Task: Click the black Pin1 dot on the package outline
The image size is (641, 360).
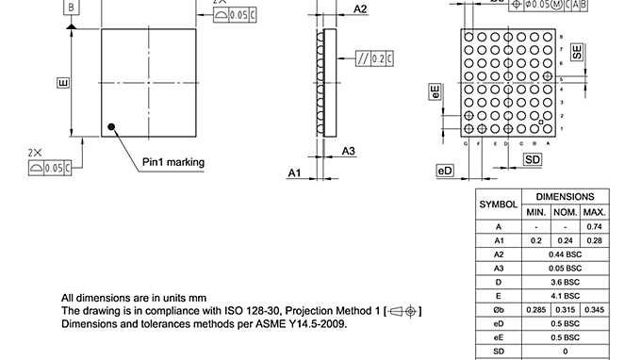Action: click(111, 125)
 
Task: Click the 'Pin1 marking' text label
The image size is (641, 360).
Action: click(173, 162)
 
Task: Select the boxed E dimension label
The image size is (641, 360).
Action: click(63, 84)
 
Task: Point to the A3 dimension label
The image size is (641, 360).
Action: click(348, 151)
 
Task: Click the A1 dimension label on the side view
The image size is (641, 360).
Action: click(293, 172)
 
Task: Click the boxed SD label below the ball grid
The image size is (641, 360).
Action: click(533, 160)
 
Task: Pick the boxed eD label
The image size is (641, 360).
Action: click(445, 170)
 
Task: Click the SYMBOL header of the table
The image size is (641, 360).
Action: click(498, 204)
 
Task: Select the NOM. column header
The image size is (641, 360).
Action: click(565, 212)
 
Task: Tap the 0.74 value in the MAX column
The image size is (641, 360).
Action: click(594, 226)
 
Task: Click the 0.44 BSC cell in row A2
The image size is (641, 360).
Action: click(565, 254)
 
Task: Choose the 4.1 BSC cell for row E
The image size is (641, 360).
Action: click(565, 295)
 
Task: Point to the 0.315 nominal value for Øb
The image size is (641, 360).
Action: click(565, 309)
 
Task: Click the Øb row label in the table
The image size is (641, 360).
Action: click(498, 309)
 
